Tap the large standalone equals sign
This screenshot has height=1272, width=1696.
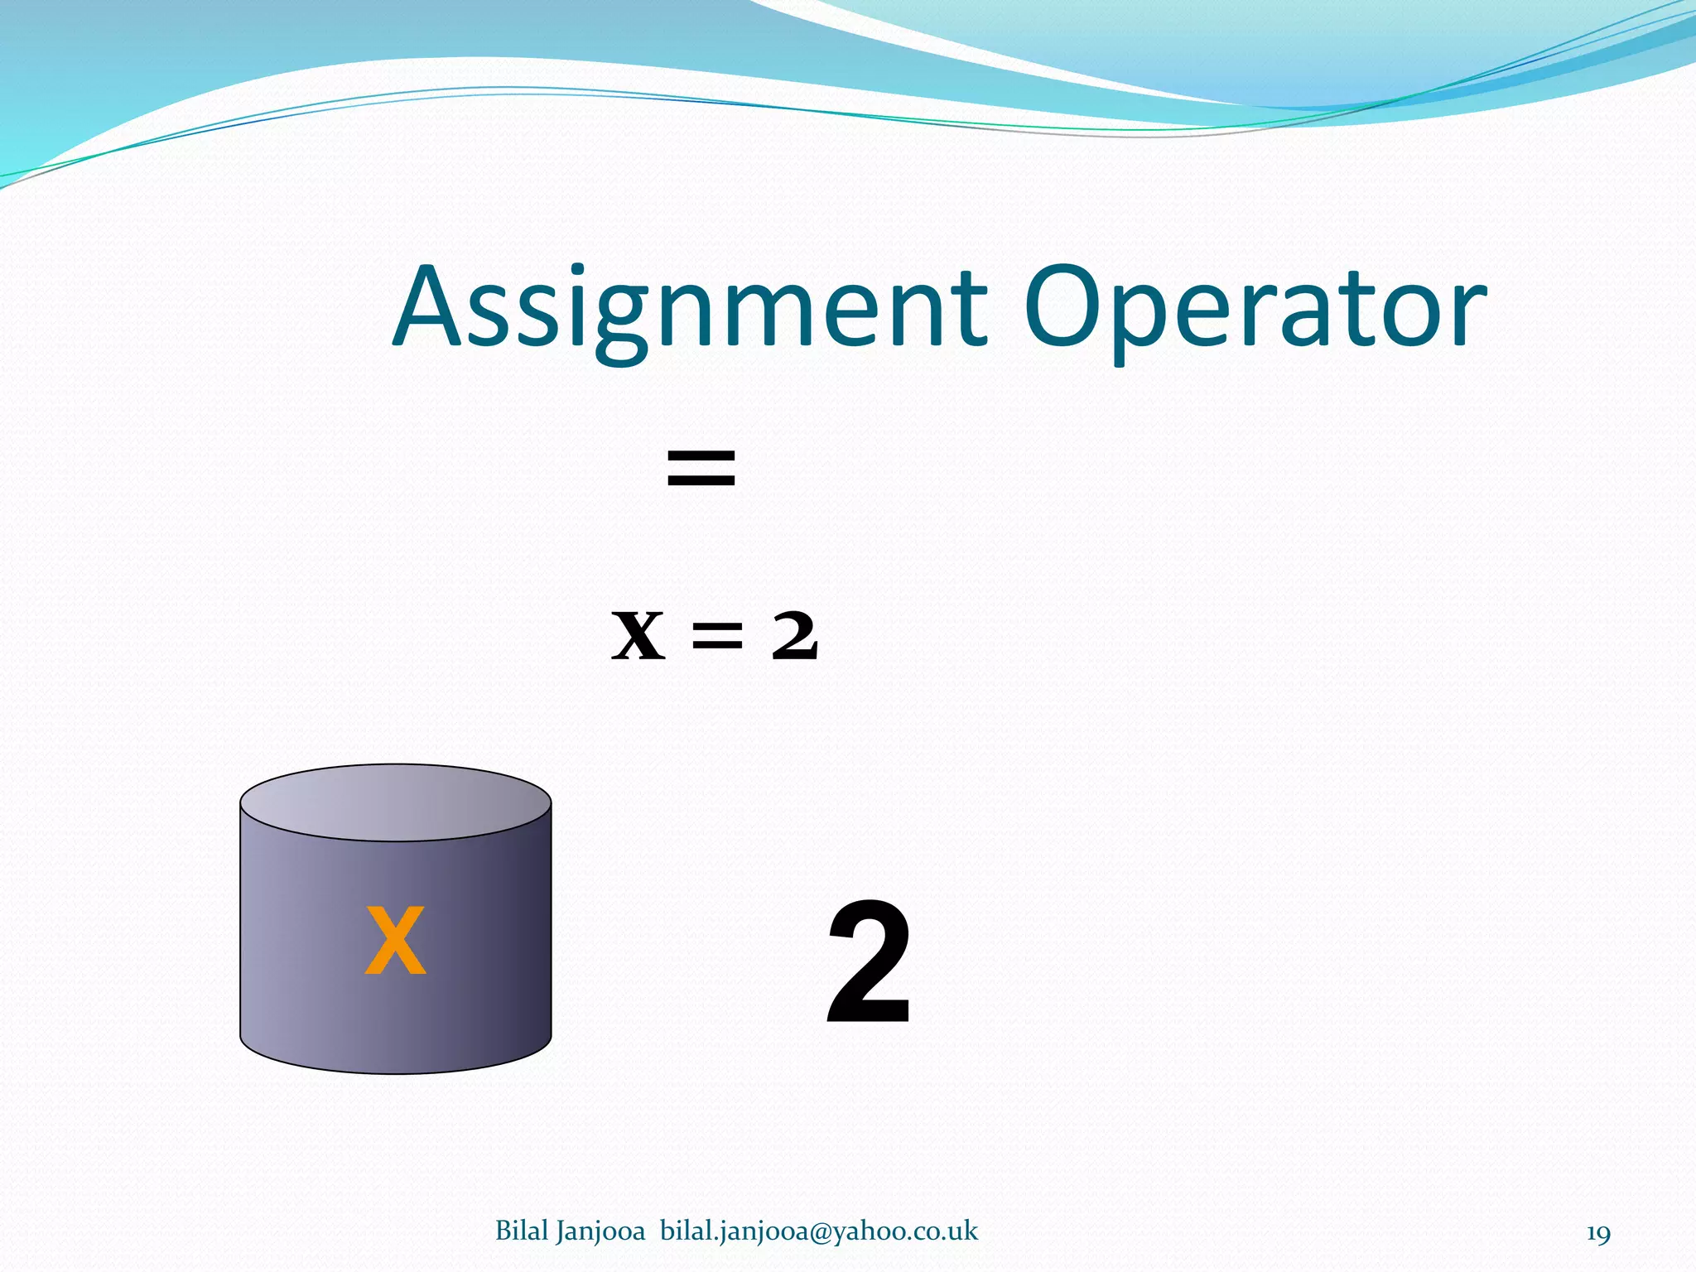(x=701, y=467)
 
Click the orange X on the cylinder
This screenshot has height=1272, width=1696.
(x=396, y=941)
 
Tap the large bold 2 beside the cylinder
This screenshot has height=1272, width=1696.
(x=870, y=965)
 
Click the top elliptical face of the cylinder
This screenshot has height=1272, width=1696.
(x=396, y=802)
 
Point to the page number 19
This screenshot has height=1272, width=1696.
(x=1598, y=1233)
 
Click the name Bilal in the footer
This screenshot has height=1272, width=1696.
(x=522, y=1231)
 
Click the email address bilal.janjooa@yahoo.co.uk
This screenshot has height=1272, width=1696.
(x=819, y=1231)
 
